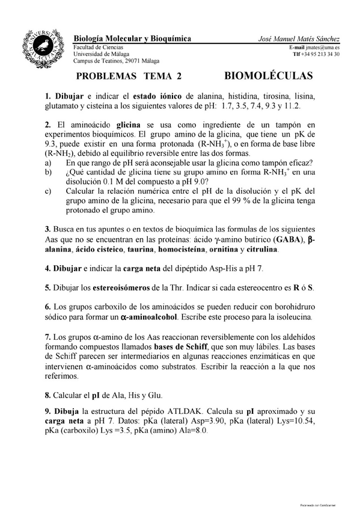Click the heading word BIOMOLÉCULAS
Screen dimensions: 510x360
pyautogui.click(x=269, y=76)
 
